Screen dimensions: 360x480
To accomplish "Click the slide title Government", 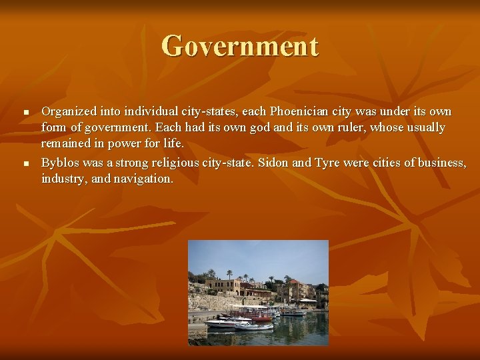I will pyautogui.click(x=240, y=47).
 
